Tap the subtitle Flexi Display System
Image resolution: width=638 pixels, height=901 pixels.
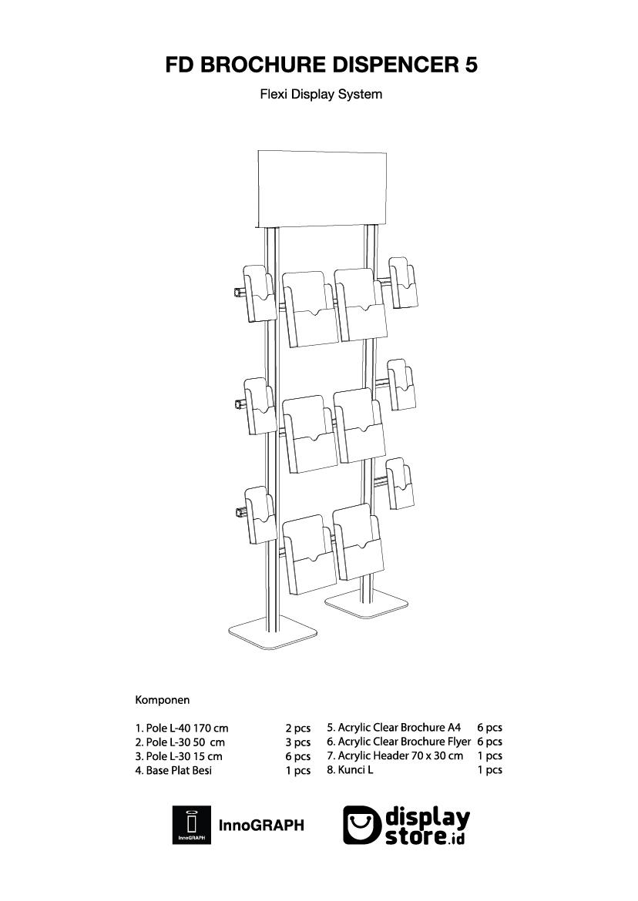[x=321, y=95]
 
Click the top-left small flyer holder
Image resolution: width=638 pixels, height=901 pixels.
[x=259, y=294]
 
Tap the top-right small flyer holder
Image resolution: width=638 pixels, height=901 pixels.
[x=402, y=283]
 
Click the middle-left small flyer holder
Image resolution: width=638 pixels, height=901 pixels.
[x=259, y=406]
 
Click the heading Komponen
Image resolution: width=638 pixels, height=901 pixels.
[x=163, y=700]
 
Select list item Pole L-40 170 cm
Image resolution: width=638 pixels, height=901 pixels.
[x=182, y=728]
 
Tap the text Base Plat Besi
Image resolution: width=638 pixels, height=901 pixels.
[x=173, y=770]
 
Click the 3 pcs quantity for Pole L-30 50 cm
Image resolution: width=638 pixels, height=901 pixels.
[x=297, y=742]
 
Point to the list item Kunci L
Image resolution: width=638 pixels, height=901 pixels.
[x=350, y=769]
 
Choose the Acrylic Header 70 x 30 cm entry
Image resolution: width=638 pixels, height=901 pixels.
[x=395, y=755]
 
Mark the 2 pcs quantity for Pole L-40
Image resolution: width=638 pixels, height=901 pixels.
[x=297, y=728]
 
